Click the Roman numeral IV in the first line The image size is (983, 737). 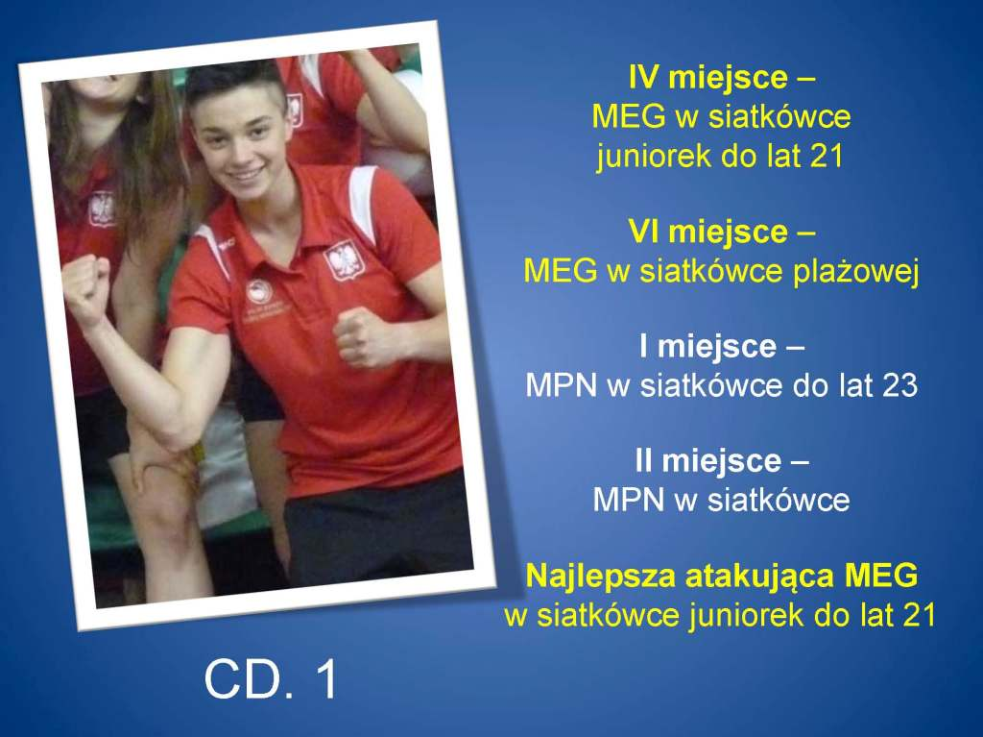pyautogui.click(x=645, y=78)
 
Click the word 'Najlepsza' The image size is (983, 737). pyautogui.click(x=601, y=577)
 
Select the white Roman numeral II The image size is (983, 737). pyautogui.click(x=644, y=461)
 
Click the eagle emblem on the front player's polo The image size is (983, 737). pyautogui.click(x=344, y=259)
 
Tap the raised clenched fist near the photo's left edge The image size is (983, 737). pyautogui.click(x=85, y=289)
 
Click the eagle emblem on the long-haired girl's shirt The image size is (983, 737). pyautogui.click(x=102, y=209)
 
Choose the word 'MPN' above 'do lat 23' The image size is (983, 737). pyautogui.click(x=561, y=385)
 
